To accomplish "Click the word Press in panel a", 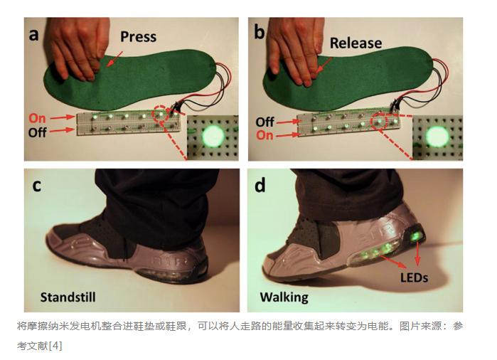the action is [138, 37].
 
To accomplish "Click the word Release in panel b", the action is [356, 43].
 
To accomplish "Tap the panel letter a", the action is [33, 35].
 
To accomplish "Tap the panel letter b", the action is [259, 32].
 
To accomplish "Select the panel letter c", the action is [37, 186].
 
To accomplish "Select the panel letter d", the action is [260, 185].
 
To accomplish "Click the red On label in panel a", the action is [37, 118].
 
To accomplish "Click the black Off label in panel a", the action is [38, 132].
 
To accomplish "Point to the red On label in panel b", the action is [264, 135].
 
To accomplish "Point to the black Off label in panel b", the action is [265, 122].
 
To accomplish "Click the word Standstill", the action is [68, 297].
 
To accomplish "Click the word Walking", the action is [284, 297].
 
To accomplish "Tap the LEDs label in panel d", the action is [414, 278].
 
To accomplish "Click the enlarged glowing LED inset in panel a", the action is [213, 137].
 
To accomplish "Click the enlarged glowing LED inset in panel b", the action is [437, 137].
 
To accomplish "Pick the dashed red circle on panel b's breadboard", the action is [380, 122].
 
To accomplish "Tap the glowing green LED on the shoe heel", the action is [416, 236].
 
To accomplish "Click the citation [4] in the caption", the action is [55, 345].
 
